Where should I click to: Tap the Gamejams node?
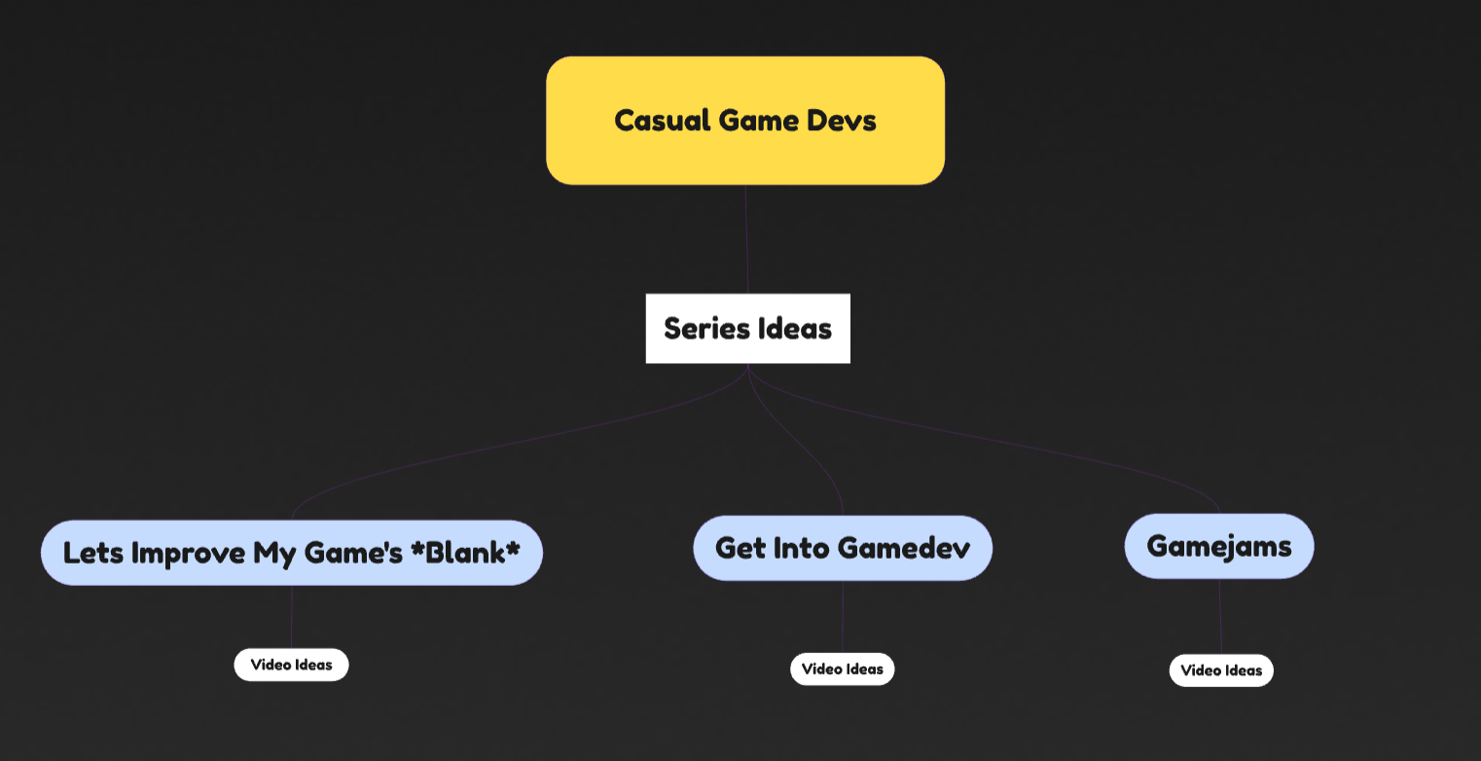click(x=1218, y=546)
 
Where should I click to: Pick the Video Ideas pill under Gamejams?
click(x=1221, y=670)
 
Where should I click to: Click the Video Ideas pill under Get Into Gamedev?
click(x=842, y=670)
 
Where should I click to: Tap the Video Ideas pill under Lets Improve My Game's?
click(x=291, y=665)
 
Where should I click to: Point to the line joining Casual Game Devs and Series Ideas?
click(x=746, y=238)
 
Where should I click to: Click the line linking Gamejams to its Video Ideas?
click(x=1220, y=616)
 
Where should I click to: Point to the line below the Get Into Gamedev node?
click(x=843, y=616)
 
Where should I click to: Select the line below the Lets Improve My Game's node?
click(x=292, y=616)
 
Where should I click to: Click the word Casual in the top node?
click(x=662, y=121)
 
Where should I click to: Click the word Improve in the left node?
click(x=189, y=553)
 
